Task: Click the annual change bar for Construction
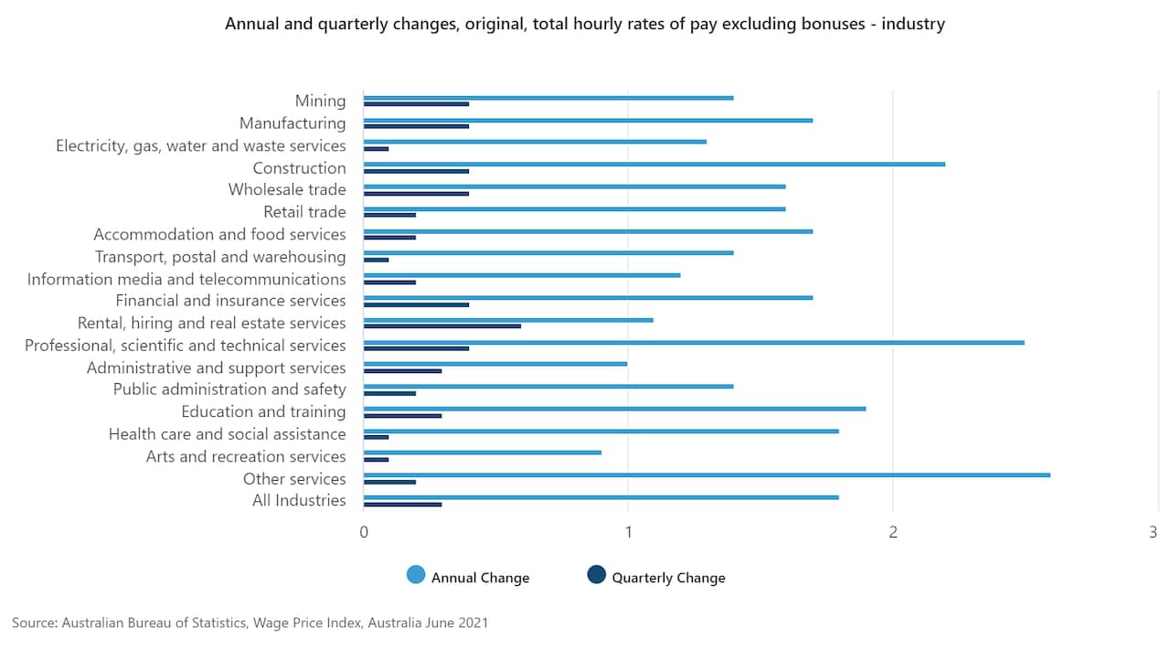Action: pos(654,164)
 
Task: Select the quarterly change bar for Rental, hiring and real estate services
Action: pos(441,326)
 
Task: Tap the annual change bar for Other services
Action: pos(707,474)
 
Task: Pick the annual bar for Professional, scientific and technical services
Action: pos(693,342)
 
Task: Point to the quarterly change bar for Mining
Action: pos(416,104)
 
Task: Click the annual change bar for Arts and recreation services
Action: pos(482,453)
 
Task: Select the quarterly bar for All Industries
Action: pos(402,505)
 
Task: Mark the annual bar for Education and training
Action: pos(614,409)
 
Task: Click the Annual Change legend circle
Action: pos(416,575)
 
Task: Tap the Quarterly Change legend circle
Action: pos(596,575)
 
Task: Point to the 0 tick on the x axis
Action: pos(364,532)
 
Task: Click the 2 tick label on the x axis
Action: pos(893,532)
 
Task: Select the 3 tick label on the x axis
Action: pos(1154,532)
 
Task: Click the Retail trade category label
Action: pos(304,212)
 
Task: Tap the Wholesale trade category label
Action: pos(287,189)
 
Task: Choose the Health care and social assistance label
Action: pos(227,434)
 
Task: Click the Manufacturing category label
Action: pos(292,123)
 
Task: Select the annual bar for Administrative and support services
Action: pos(495,364)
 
